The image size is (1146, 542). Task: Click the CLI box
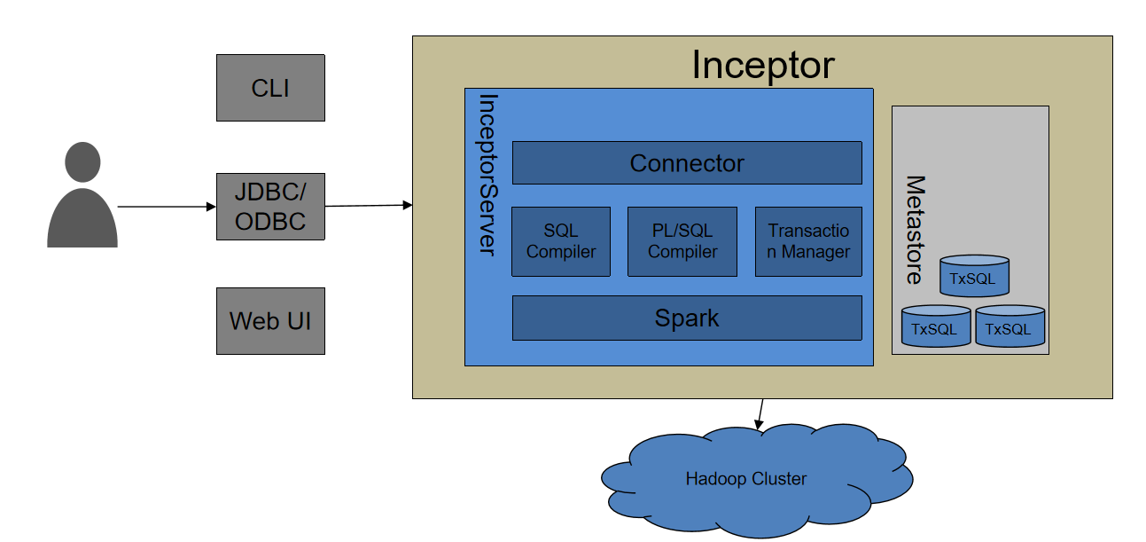point(270,88)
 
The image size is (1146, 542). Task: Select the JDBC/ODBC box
point(270,207)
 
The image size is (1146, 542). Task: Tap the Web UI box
point(270,320)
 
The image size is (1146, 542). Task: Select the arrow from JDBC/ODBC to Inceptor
point(369,206)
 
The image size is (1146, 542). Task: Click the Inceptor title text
point(762,65)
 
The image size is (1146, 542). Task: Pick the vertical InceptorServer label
point(487,175)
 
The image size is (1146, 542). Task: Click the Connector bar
point(687,163)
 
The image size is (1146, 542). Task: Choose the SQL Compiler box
point(561,241)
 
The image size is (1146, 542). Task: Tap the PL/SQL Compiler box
point(682,241)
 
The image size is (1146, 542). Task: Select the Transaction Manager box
point(808,241)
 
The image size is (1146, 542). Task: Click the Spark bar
point(687,318)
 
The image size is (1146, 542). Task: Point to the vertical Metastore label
point(914,230)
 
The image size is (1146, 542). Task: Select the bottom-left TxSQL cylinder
point(935,327)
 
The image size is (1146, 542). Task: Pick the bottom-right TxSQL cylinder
point(1010,327)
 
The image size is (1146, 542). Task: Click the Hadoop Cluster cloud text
point(745,479)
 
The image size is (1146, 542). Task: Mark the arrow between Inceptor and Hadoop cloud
point(759,413)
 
